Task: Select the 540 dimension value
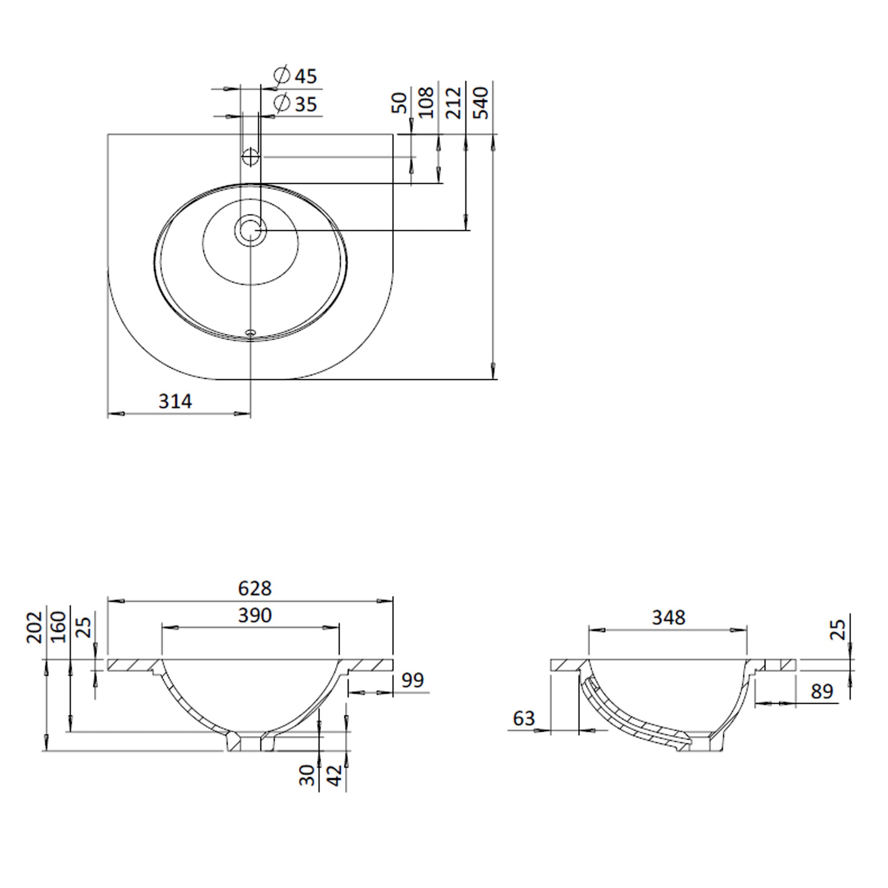pyautogui.click(x=481, y=103)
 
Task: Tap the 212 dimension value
pyautogui.click(x=454, y=103)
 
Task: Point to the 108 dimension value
pyautogui.click(x=427, y=103)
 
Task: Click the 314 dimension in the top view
pyautogui.click(x=175, y=402)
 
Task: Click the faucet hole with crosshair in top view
pyautogui.click(x=251, y=157)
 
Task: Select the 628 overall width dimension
pyautogui.click(x=255, y=588)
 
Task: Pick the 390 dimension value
pyautogui.click(x=255, y=615)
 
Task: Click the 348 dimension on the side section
pyautogui.click(x=669, y=618)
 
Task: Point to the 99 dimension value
pyautogui.click(x=412, y=680)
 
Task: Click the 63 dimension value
pyautogui.click(x=524, y=718)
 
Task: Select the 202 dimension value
pyautogui.click(x=35, y=627)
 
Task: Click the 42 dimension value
pyautogui.click(x=336, y=775)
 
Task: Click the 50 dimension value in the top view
pyautogui.click(x=400, y=103)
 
